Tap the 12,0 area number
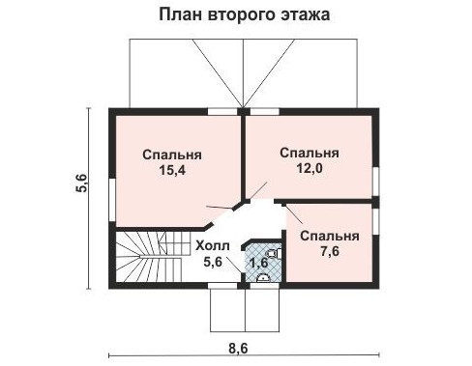(x=309, y=167)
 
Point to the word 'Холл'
(x=212, y=245)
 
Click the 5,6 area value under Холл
(x=212, y=260)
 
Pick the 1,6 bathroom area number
(x=258, y=262)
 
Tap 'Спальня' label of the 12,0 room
(x=309, y=152)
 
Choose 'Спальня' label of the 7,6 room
(x=329, y=236)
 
